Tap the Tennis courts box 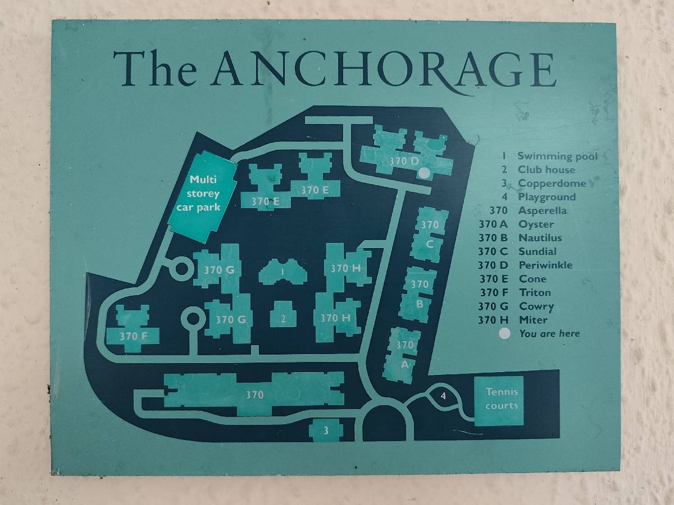pos(499,400)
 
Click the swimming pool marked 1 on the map pos(283,272)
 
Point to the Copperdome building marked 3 pos(326,430)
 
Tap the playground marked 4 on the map pos(443,397)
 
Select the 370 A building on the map pos(402,355)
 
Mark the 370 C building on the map pos(430,235)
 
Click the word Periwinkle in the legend pos(545,265)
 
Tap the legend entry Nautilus pos(540,238)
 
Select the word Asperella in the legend pos(542,210)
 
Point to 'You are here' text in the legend pos(549,333)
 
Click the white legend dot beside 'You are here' pos(504,333)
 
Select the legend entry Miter pos(533,320)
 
